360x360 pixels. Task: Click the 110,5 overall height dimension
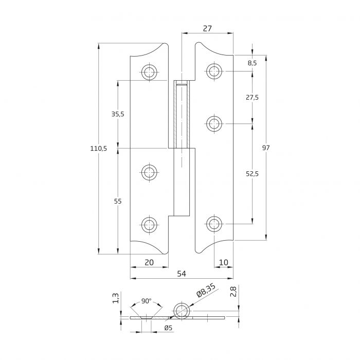pyautogui.click(x=98, y=149)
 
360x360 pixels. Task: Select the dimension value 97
pyautogui.click(x=266, y=148)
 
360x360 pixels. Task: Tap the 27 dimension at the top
pyautogui.click(x=207, y=29)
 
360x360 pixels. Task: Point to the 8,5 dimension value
pyautogui.click(x=253, y=63)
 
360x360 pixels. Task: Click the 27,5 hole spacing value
pyautogui.click(x=253, y=97)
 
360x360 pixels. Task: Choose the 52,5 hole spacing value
pyautogui.click(x=253, y=174)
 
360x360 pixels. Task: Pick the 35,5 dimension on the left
pyautogui.click(x=118, y=114)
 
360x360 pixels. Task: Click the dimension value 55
pyautogui.click(x=118, y=202)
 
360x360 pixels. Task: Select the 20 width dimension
pyautogui.click(x=149, y=262)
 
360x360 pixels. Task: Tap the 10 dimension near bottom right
pyautogui.click(x=224, y=262)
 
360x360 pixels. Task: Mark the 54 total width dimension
pyautogui.click(x=182, y=274)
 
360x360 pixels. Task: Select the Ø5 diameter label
pyautogui.click(x=168, y=328)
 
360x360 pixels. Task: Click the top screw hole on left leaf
pyautogui.click(x=149, y=71)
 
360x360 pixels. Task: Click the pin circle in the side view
pyautogui.click(x=181, y=311)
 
